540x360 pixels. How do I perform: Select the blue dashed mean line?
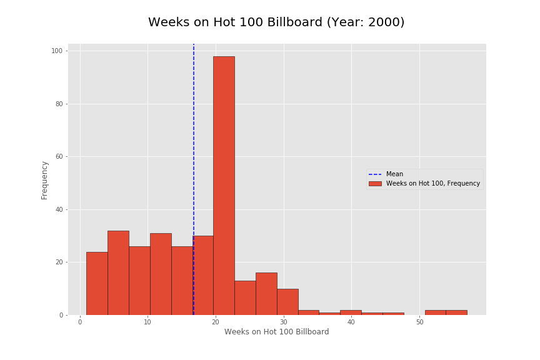pos(194,125)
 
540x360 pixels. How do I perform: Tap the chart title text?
pos(276,22)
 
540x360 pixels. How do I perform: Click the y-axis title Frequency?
pos(44,180)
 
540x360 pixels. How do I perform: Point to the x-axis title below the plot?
pos(276,332)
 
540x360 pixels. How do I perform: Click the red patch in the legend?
pos(375,184)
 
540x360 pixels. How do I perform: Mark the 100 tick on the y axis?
pos(56,51)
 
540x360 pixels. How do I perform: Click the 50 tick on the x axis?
pos(419,322)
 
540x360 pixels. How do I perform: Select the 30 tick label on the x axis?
pos(284,322)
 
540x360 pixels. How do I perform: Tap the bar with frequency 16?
pos(266,294)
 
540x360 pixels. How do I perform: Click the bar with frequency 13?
pos(245,297)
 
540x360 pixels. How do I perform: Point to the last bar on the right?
pos(456,312)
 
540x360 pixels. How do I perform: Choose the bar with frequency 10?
pos(287,302)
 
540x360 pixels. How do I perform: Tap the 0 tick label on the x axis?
pos(80,322)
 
